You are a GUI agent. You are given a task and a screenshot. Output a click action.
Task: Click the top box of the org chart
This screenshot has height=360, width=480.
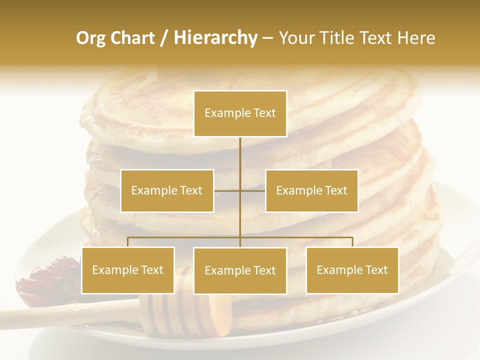pyautogui.click(x=240, y=113)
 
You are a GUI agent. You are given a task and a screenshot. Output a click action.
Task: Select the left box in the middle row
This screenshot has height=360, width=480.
pyautogui.click(x=167, y=190)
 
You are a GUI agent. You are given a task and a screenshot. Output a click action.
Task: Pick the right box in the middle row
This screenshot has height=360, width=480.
pyautogui.click(x=311, y=190)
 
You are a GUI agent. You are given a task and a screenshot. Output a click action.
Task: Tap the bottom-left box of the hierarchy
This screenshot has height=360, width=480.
pyautogui.click(x=128, y=270)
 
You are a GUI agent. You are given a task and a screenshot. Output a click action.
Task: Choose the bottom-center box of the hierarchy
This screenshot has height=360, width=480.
pyautogui.click(x=240, y=270)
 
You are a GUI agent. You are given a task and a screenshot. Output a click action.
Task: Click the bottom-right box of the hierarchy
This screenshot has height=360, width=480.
pyautogui.click(x=352, y=270)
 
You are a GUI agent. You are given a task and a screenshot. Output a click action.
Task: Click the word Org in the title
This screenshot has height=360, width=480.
pyautogui.click(x=90, y=38)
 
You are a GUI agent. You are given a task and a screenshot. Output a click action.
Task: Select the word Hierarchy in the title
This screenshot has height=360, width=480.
pyautogui.click(x=215, y=38)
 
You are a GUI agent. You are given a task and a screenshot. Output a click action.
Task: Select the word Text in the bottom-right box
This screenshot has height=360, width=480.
pyautogui.click(x=376, y=270)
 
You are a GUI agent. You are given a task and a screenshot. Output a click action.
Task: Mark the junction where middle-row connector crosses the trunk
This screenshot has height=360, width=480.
pyautogui.click(x=240, y=190)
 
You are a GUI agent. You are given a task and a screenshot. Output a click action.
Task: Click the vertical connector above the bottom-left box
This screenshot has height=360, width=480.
pyautogui.click(x=128, y=242)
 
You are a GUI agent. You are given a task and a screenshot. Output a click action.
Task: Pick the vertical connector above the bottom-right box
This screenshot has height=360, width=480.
pyautogui.click(x=352, y=242)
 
